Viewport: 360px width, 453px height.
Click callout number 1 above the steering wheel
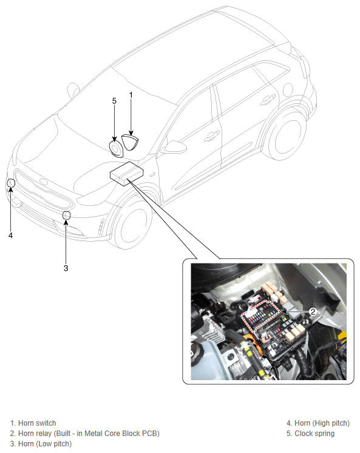(131, 95)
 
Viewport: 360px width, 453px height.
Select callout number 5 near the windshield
(114, 101)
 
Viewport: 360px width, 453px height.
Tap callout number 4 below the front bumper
(11, 236)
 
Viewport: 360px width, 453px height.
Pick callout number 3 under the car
(66, 268)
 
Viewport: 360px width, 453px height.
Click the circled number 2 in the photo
(313, 312)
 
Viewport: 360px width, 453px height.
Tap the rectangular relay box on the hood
(127, 174)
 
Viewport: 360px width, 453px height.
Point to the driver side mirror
(174, 147)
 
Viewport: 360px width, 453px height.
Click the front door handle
(212, 136)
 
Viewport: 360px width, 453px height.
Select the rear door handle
(268, 100)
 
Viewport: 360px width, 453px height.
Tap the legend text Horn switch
(37, 423)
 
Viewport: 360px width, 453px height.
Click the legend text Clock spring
(314, 434)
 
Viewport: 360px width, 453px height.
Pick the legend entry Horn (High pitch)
(318, 423)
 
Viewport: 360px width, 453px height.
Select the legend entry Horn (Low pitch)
(41, 444)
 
